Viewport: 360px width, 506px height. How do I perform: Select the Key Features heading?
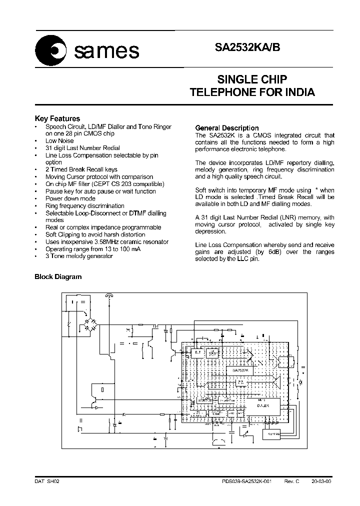[57, 118]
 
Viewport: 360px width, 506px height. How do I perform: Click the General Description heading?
[226, 128]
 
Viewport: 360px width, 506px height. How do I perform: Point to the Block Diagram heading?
[57, 276]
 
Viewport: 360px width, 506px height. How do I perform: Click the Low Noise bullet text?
[59, 141]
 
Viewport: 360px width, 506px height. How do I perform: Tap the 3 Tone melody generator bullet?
[79, 256]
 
